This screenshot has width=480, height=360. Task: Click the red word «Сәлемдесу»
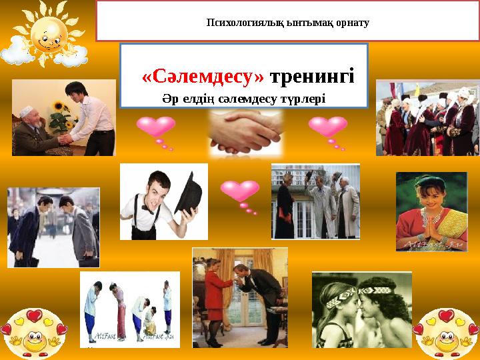[203, 78]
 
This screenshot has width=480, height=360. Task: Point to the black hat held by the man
[189, 193]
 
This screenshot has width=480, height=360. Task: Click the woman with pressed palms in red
[429, 212]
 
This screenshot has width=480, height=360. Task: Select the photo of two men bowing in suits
[53, 227]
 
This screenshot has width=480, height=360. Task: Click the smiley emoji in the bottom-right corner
[446, 330]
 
